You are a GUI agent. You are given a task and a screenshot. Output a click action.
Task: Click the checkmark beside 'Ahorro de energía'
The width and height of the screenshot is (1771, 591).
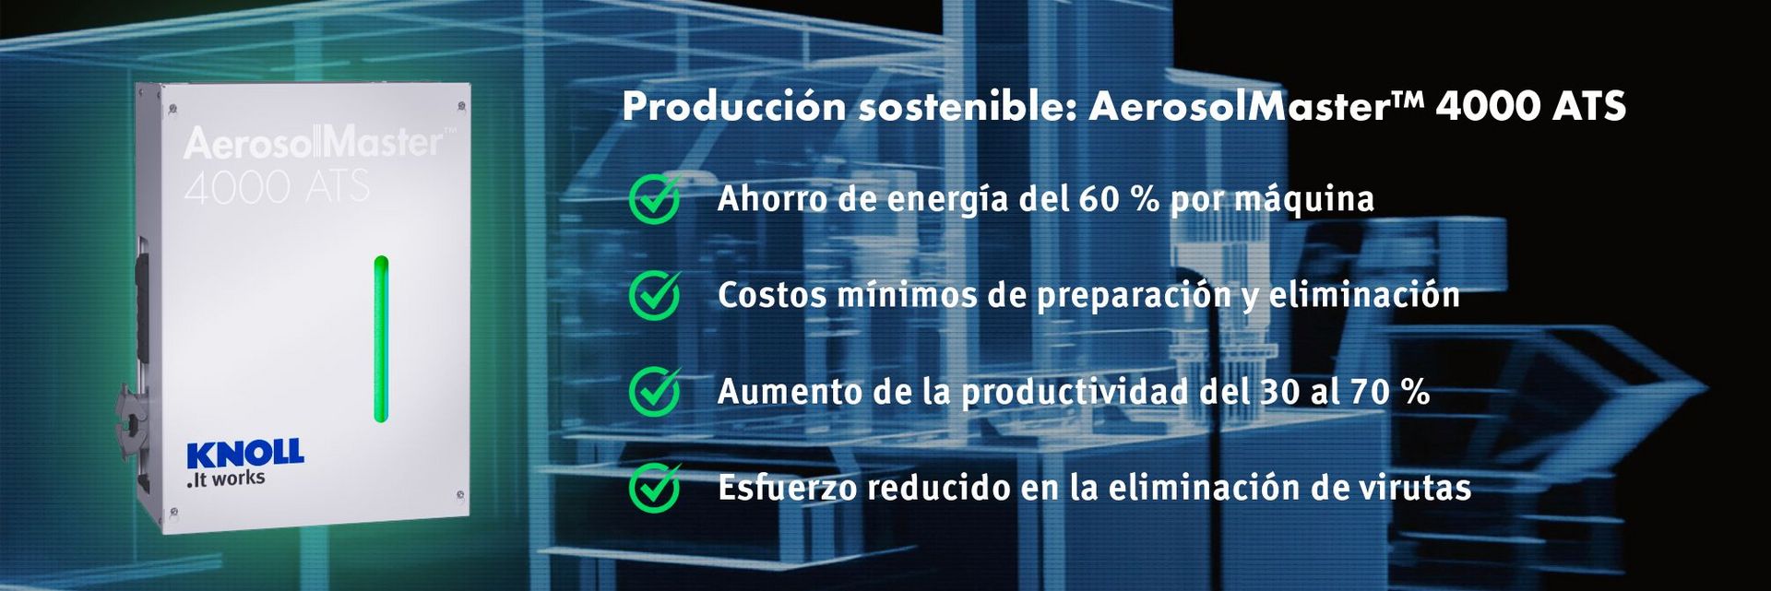[655, 200]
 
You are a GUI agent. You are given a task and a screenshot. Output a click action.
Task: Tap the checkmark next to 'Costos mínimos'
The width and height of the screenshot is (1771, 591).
[655, 296]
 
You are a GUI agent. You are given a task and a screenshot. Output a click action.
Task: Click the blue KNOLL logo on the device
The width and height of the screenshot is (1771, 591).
[244, 454]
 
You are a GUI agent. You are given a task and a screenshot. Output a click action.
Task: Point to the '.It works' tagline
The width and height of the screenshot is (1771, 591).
[226, 479]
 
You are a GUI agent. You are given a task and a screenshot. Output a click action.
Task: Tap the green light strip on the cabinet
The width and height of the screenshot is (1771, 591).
[381, 339]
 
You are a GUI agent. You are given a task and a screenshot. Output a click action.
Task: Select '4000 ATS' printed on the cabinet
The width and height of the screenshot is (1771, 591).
[277, 187]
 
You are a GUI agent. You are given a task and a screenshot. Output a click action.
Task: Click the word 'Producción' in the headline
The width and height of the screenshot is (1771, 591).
[734, 107]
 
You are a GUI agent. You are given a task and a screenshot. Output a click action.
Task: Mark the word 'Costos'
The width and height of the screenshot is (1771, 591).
[770, 295]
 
